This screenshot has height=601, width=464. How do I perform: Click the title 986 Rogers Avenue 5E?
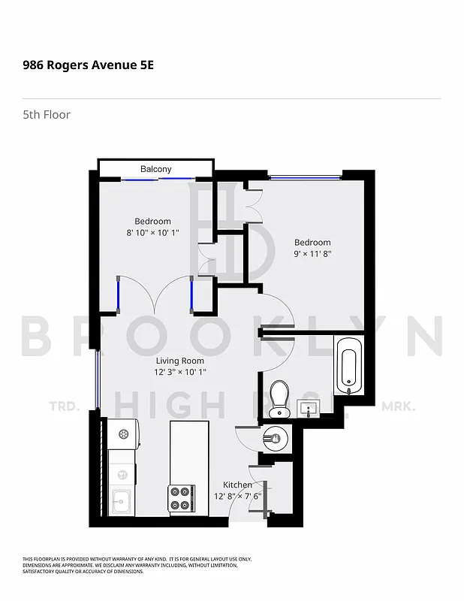pos(88,65)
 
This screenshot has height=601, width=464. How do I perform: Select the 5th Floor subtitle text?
pos(47,115)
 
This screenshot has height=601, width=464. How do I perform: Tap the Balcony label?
pos(155,169)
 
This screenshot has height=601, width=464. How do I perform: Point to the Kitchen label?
pos(237,485)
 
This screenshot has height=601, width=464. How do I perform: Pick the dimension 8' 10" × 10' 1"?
pos(152,232)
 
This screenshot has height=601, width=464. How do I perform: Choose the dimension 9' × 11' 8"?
pos(312,254)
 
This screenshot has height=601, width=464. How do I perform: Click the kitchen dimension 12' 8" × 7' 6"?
pos(237,496)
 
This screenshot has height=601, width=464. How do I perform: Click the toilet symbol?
pos(279,397)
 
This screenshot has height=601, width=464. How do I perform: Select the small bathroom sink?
pos(309,409)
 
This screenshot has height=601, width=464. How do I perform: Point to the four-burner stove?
pos(181,497)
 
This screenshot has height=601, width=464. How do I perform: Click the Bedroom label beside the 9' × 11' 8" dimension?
pos(312,243)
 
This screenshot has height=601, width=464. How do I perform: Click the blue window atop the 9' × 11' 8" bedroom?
pos(304,177)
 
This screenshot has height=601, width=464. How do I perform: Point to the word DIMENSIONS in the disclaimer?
pos(39,565)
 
